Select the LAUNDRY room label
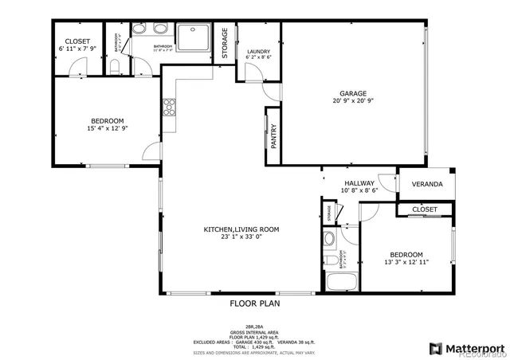[x=258, y=51]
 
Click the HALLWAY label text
[x=359, y=182]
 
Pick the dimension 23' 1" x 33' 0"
[x=241, y=237]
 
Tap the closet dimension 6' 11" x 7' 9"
[x=77, y=49]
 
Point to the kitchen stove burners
[x=169, y=104]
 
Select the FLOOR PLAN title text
[x=255, y=303]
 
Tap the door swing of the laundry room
[x=251, y=73]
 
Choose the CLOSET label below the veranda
[x=425, y=209]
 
